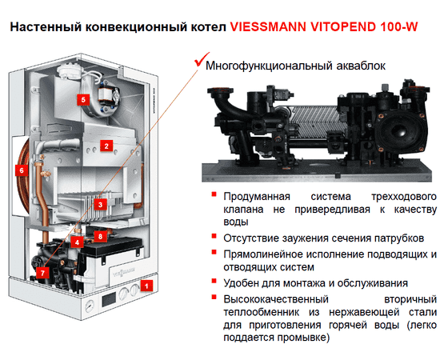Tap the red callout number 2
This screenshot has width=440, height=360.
click(104, 146)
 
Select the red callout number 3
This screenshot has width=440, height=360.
click(100, 205)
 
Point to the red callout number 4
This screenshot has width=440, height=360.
click(78, 241)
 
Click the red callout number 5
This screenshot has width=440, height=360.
click(82, 99)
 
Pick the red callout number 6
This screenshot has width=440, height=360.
click(22, 170)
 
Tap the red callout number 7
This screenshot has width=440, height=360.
click(42, 273)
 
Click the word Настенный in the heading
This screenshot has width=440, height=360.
click(47, 26)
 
